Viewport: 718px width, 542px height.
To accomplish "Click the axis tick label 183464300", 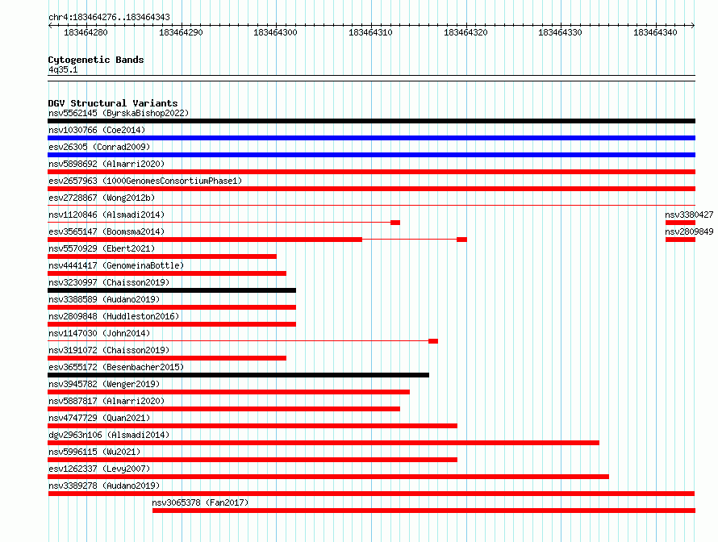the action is point(275,32).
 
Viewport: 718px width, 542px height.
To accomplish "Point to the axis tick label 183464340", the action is point(655,32).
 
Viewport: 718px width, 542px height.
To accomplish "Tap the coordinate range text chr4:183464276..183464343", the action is point(109,17).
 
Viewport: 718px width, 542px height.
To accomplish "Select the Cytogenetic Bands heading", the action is point(96,60).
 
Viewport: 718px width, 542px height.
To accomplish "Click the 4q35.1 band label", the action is point(63,69).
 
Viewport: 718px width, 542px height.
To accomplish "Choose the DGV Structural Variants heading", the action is point(113,103).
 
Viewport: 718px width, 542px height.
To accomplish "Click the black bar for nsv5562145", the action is point(371,121).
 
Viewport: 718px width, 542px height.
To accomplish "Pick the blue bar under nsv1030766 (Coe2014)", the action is point(371,138).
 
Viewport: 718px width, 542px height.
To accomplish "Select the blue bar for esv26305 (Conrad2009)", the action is point(371,155).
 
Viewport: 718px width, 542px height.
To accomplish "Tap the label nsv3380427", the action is point(689,215).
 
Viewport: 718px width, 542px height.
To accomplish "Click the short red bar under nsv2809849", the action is point(680,240).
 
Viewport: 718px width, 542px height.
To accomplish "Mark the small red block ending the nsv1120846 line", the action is point(395,223).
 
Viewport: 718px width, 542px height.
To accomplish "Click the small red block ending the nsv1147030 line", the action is point(433,341).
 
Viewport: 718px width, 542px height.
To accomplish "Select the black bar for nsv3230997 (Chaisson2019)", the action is point(172,290).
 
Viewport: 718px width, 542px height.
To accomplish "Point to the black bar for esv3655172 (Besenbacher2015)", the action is point(238,375).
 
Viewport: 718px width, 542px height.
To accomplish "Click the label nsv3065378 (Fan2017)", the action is point(200,502).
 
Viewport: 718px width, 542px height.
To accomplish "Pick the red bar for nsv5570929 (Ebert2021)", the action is point(162,256).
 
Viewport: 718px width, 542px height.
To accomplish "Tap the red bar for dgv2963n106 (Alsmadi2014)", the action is point(324,443).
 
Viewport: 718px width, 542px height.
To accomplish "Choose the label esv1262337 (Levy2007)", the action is point(99,469).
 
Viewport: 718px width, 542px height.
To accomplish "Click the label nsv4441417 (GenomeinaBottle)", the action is point(116,265).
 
